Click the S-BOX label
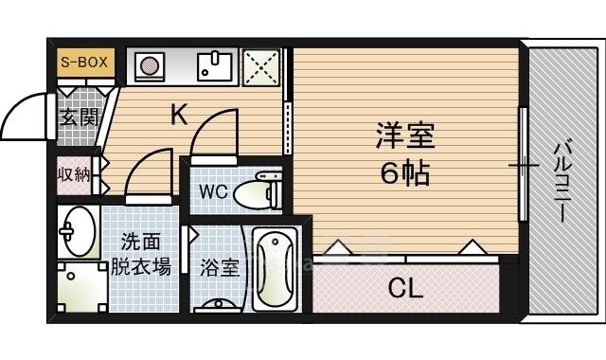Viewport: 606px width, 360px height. click(x=84, y=62)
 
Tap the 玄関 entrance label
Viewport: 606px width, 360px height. click(x=80, y=117)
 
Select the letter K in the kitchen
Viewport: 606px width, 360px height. click(x=179, y=114)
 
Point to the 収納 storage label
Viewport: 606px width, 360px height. click(x=74, y=175)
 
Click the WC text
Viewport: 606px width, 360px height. click(x=214, y=191)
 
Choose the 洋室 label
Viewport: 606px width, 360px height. click(x=404, y=135)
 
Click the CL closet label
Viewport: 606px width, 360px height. click(x=405, y=288)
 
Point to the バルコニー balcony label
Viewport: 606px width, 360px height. click(x=561, y=180)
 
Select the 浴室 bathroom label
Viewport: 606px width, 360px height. click(x=220, y=267)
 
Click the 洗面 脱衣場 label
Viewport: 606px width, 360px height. click(x=141, y=254)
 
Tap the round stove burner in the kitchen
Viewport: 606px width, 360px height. click(x=150, y=65)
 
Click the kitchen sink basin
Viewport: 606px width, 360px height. click(x=215, y=66)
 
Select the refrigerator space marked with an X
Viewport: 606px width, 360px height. click(x=261, y=67)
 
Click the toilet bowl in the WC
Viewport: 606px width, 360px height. click(x=252, y=193)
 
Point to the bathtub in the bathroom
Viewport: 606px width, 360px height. click(x=275, y=269)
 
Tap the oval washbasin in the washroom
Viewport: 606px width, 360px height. click(x=80, y=231)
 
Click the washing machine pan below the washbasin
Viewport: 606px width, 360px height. click(x=82, y=287)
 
